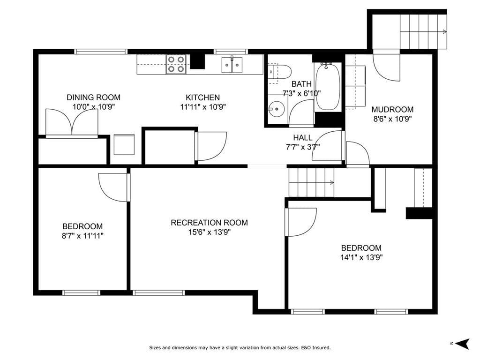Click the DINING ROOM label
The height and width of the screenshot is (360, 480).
click(93, 97)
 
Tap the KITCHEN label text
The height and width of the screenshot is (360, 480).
click(202, 97)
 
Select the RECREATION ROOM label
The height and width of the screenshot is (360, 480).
click(210, 223)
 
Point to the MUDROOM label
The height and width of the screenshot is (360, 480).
click(392, 109)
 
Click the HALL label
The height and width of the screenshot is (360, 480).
click(303, 137)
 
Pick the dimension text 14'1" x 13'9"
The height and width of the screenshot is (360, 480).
click(361, 257)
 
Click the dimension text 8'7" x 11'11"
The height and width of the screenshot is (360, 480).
click(82, 236)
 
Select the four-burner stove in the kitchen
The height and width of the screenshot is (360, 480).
click(176, 64)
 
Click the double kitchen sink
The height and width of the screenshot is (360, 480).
click(232, 65)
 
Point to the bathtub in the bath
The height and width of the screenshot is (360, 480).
click(328, 86)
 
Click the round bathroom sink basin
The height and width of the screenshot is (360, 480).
click(277, 109)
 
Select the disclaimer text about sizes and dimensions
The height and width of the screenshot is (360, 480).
click(240, 348)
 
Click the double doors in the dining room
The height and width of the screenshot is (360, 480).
click(72, 122)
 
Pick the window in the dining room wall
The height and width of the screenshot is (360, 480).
click(101, 52)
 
